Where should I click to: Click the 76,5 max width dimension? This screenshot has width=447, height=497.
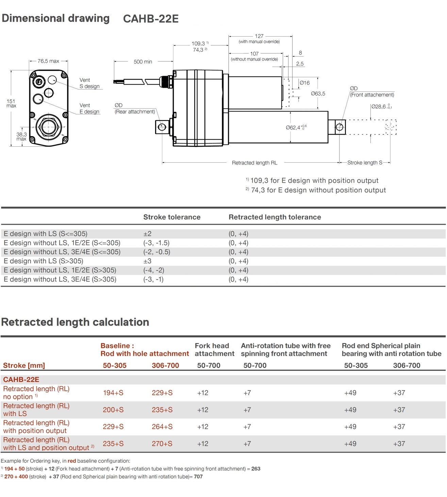coord(48,61)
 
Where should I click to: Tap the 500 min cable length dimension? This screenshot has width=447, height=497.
coord(143,62)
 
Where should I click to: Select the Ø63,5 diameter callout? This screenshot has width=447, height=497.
coord(318,94)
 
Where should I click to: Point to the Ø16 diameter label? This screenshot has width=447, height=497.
coord(304,83)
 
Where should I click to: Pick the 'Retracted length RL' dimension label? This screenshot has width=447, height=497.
coord(254,163)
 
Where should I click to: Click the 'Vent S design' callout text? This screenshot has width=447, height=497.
coord(89,83)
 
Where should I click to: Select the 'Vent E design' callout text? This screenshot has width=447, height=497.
coord(89,109)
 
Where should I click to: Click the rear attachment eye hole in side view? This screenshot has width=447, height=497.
coord(162,127)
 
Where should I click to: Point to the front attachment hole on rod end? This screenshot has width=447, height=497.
coord(339,127)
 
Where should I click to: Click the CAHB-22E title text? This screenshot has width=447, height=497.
coord(151,19)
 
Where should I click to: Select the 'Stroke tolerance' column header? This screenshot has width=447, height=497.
coord(172,217)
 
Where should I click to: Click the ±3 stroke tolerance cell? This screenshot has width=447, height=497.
coord(147,261)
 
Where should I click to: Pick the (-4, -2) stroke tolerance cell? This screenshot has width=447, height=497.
coord(153,270)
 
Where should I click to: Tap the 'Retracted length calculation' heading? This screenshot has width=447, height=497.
coord(75,322)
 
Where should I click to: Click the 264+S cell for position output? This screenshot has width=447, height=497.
coord(162,427)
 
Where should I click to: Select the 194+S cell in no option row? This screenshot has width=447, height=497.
coord(113,393)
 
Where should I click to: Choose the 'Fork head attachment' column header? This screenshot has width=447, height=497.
coord(214,350)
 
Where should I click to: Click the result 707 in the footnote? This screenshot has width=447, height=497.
coord(198,477)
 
